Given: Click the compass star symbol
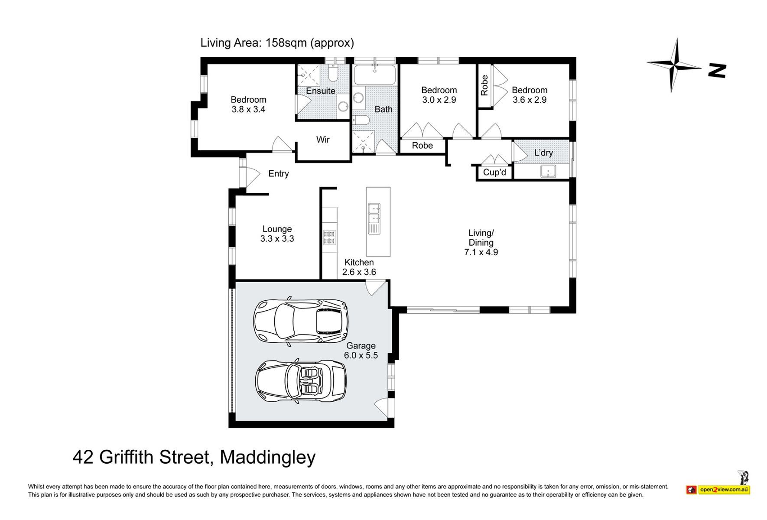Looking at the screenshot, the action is click(x=673, y=65).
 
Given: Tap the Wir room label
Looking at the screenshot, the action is click(x=323, y=140).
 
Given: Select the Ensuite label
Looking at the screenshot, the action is click(x=321, y=91).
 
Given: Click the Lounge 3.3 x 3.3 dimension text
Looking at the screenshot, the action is click(x=277, y=239).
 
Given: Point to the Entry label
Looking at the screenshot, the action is click(x=279, y=173).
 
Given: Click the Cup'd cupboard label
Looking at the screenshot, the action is click(x=494, y=172).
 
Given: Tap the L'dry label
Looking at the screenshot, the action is click(x=543, y=153).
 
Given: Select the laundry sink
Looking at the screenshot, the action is click(x=549, y=171).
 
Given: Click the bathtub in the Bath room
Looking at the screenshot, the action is click(x=375, y=75).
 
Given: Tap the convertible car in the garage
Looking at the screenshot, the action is click(x=301, y=381).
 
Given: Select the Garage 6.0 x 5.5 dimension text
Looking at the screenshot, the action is click(x=361, y=355).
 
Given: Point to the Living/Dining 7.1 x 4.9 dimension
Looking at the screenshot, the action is click(x=481, y=252).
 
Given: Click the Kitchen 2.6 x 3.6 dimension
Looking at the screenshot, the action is click(x=359, y=272).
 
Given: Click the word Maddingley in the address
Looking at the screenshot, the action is click(x=268, y=458).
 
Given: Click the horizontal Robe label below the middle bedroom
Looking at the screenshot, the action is click(x=422, y=146).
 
